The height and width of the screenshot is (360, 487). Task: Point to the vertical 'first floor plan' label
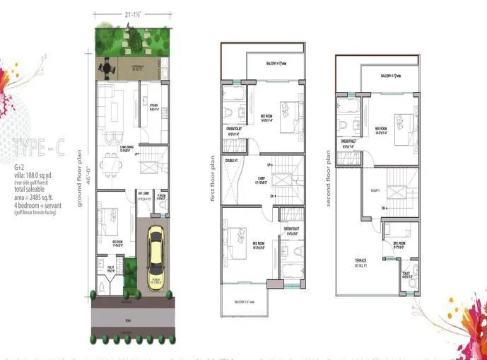[x=212, y=178]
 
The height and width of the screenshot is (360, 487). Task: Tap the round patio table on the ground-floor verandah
[x=107, y=68]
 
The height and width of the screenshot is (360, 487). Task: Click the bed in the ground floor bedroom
[x=110, y=216]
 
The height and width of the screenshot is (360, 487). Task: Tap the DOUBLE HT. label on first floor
[x=230, y=161]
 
